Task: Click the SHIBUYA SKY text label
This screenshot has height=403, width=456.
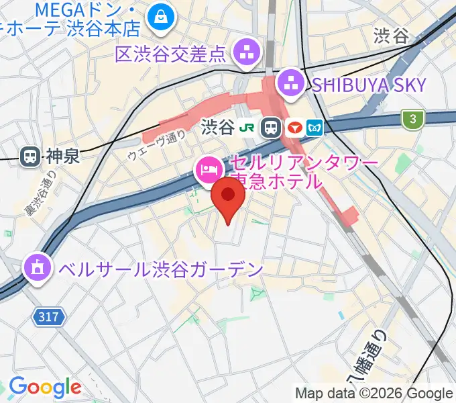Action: click(368, 85)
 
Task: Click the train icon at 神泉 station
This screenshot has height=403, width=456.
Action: click(30, 156)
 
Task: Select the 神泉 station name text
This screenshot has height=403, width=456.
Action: click(62, 156)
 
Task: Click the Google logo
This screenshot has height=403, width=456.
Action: click(45, 387)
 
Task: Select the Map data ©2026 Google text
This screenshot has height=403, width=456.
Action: click(374, 393)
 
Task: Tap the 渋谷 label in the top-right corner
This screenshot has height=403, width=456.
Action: click(391, 36)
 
